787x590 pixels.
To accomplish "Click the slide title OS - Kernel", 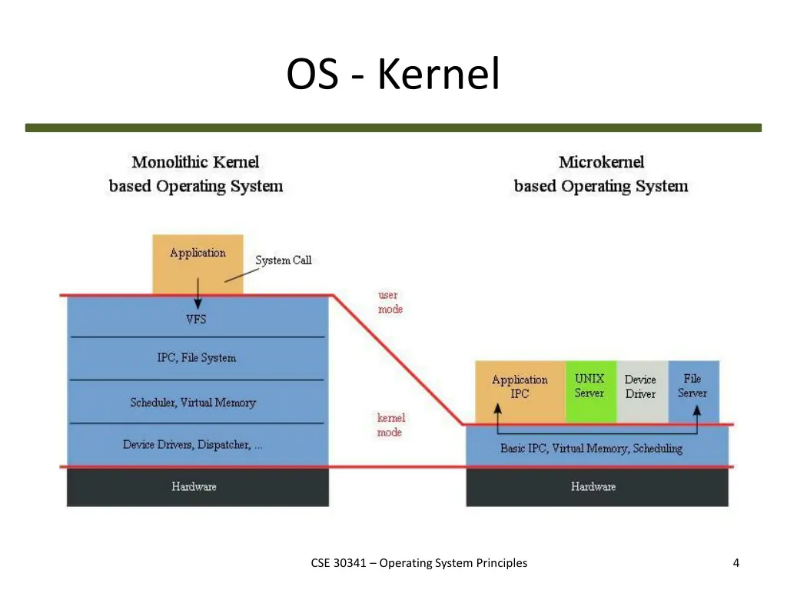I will click(393, 75).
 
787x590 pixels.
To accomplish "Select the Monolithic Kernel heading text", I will click(195, 162).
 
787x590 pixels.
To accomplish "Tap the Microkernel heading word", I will click(601, 162).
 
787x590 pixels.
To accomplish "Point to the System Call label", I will click(283, 260).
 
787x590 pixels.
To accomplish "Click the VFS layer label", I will click(196, 319).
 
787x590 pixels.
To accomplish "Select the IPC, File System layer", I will click(196, 357).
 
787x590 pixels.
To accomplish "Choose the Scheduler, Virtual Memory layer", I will click(193, 403).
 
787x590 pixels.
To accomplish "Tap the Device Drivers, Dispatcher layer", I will click(193, 445).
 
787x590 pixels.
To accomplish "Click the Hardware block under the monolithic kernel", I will click(194, 486).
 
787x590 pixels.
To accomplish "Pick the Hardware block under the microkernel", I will click(593, 486).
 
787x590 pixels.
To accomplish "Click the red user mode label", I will click(390, 302).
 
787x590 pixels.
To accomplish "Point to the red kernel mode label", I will click(390, 425).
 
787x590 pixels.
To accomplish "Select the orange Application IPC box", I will click(520, 387).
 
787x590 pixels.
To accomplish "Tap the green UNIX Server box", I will click(589, 386).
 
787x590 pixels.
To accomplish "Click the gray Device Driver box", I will click(640, 386).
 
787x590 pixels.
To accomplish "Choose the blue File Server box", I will click(692, 386).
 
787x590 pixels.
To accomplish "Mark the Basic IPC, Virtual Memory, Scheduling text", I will click(591, 448).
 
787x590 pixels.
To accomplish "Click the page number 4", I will click(736, 563).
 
